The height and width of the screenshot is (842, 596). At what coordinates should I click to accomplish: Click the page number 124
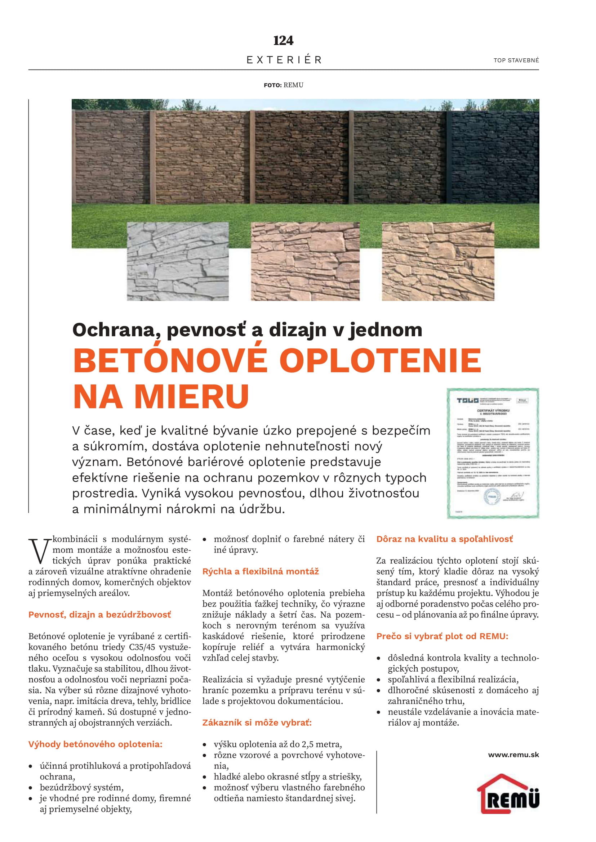(x=283, y=40)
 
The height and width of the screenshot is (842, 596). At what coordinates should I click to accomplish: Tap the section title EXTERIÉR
(x=284, y=60)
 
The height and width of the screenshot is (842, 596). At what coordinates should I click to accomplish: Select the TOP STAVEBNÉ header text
(x=516, y=60)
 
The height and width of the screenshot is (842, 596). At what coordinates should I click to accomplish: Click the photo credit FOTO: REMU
(x=283, y=85)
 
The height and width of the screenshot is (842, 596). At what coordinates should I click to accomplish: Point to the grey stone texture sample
(x=178, y=261)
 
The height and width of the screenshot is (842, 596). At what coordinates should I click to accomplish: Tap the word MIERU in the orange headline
(x=192, y=397)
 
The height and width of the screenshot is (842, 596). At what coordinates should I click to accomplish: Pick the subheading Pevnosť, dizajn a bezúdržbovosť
(x=99, y=614)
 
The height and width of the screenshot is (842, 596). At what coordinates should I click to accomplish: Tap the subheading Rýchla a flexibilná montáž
(x=260, y=571)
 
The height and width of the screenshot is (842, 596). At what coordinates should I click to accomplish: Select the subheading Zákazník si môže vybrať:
(x=257, y=722)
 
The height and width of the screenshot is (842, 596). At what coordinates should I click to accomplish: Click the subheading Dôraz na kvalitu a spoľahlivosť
(x=444, y=539)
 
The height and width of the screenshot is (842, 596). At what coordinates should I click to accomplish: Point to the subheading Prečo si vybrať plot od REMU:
(x=442, y=636)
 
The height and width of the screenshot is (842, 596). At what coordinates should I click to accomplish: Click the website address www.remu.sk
(x=513, y=755)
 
